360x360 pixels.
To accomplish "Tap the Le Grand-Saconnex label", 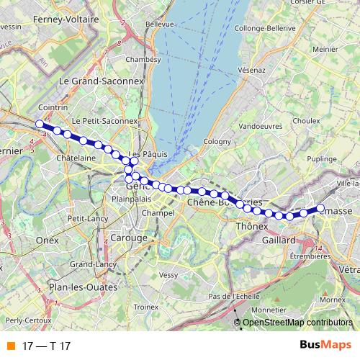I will coord(100,81).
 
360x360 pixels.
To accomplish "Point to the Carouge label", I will coord(129,238).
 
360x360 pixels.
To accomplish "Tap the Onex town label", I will coord(46,240).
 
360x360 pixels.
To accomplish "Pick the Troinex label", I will coord(145,307).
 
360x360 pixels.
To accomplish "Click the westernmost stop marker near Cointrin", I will coord(40,124).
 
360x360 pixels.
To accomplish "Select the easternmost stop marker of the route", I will coord(318,211).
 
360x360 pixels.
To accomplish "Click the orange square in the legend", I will coord(11,346).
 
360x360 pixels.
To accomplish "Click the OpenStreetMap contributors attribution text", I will coord(297,323).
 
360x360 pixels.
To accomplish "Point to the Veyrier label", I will coord(168,274).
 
